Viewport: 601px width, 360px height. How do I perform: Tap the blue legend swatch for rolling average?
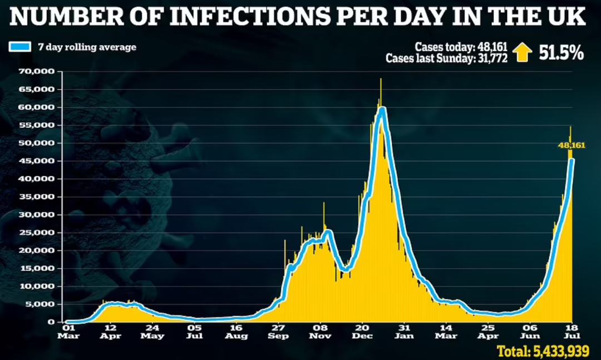(x=20, y=47)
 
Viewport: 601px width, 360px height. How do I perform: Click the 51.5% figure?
(x=560, y=52)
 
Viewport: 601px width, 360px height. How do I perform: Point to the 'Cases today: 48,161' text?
(x=461, y=47)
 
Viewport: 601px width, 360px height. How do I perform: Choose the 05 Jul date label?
(x=194, y=332)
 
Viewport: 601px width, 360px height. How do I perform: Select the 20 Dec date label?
(x=362, y=332)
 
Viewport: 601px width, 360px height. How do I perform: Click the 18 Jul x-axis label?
(x=572, y=332)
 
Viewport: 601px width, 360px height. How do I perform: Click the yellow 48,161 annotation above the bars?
(x=572, y=145)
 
